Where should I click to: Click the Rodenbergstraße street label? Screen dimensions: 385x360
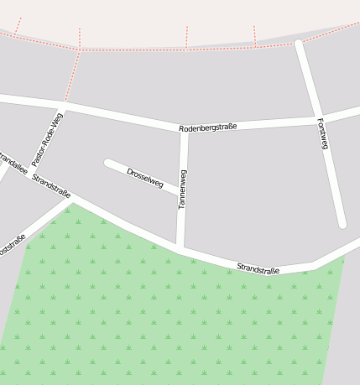click(208, 127)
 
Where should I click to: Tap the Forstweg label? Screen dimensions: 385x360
click(323, 133)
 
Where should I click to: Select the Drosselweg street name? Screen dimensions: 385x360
click(144, 177)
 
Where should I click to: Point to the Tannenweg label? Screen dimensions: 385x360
click(182, 189)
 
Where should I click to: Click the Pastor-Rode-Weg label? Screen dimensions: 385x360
click(47, 139)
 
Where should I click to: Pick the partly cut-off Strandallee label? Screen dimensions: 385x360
click(12, 160)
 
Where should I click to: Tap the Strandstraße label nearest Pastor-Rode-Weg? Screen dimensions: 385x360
click(51, 186)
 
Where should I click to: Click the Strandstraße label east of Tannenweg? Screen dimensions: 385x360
click(258, 268)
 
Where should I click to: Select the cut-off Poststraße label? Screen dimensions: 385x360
click(11, 245)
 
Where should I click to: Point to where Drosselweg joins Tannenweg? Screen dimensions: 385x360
click(180, 193)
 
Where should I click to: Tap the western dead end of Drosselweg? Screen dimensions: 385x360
click(107, 163)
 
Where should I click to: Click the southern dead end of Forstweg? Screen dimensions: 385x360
click(342, 224)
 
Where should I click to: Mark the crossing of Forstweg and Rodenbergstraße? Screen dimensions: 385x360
click(316, 117)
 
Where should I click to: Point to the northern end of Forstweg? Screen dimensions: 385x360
click(298, 43)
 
